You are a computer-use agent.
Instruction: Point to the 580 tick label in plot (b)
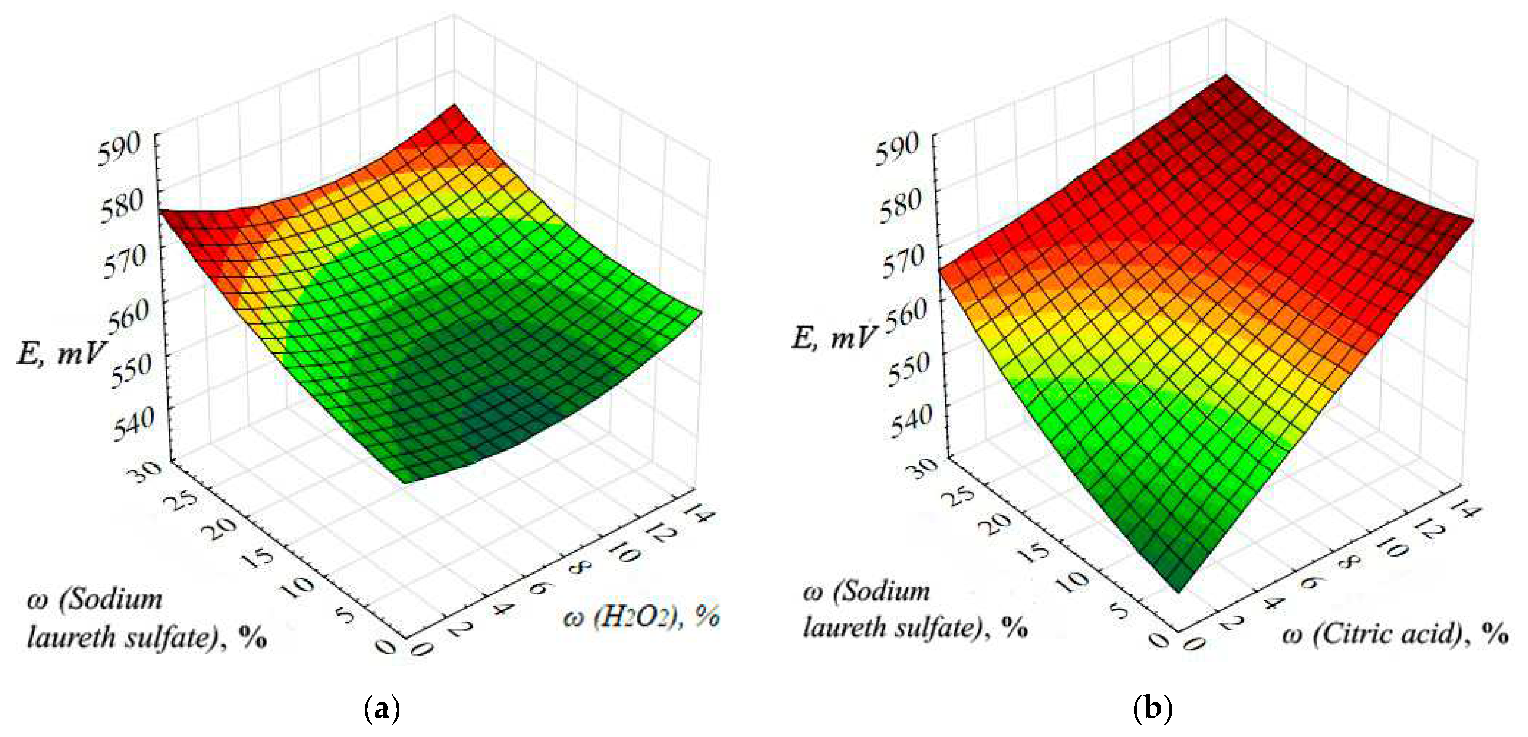898,206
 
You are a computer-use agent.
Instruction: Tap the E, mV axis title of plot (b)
833,338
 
